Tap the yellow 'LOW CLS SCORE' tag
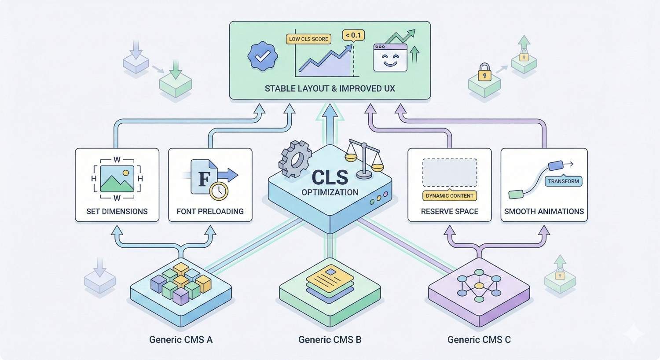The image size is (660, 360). tap(308, 39)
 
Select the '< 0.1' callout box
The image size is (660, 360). tap(353, 35)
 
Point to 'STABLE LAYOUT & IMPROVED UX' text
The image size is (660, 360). tap(330, 88)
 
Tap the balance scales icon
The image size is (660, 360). tap(363, 158)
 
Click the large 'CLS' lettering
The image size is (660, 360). tap(330, 177)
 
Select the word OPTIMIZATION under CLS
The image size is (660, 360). tap(330, 192)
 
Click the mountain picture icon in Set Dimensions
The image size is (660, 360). tap(117, 179)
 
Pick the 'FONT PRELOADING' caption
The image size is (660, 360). tap(210, 211)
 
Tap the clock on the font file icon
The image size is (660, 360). tap(219, 191)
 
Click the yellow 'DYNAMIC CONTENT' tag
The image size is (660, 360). tap(449, 196)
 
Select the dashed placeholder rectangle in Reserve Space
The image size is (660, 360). tap(449, 173)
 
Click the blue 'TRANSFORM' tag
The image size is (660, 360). tap(563, 181)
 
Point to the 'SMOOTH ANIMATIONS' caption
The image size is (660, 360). tap(544, 211)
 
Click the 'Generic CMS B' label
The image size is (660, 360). tap(330, 339)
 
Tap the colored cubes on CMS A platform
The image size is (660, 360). tap(181, 283)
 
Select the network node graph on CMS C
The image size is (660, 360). tap(479, 286)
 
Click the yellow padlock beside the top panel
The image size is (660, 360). tap(484, 73)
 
